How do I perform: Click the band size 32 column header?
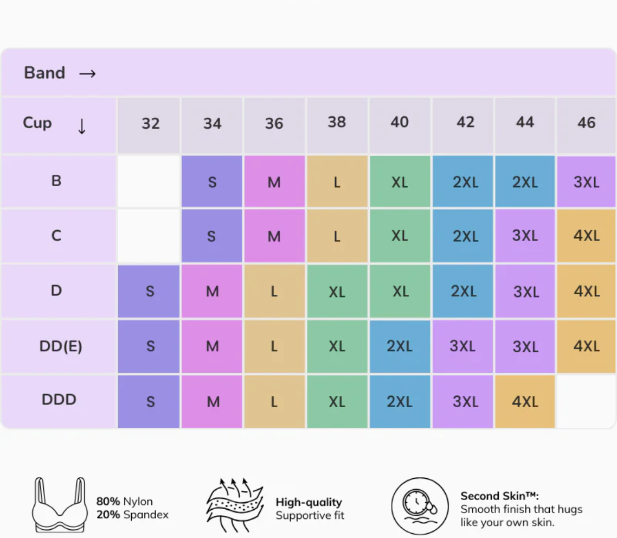[149, 125]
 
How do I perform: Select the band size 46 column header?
[586, 125]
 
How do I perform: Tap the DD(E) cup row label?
[61, 346]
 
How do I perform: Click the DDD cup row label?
[59, 400]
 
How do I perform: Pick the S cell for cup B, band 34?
[211, 181]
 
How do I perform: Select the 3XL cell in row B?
[586, 181]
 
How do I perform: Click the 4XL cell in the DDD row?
[525, 401]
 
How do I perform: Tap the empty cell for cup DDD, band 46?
[586, 401]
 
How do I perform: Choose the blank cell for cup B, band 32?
[149, 181]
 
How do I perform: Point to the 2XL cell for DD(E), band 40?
[400, 346]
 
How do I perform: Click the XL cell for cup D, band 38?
[337, 292]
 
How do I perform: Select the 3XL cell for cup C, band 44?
[525, 236]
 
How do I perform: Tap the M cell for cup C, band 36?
[274, 236]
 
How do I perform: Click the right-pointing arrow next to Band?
[87, 74]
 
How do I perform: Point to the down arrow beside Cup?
[81, 126]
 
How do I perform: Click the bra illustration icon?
[60, 505]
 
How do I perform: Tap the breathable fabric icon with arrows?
[235, 505]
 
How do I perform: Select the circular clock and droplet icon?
[420, 506]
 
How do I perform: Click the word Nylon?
[138, 501]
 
